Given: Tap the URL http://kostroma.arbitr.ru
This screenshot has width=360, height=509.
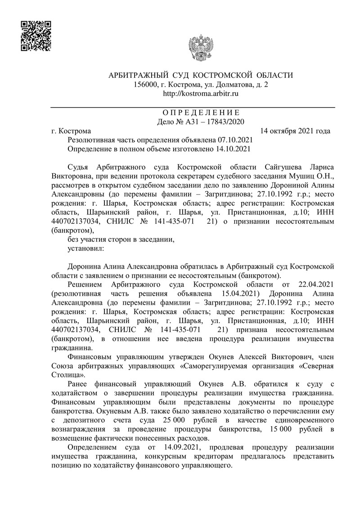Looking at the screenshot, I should point(200,93).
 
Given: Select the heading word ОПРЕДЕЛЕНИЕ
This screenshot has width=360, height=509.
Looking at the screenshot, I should point(201,113).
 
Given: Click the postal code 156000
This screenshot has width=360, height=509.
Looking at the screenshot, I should point(146,84).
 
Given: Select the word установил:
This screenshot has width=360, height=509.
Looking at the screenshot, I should point(85,248).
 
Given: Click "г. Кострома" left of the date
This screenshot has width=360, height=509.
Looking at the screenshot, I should point(71,131).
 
